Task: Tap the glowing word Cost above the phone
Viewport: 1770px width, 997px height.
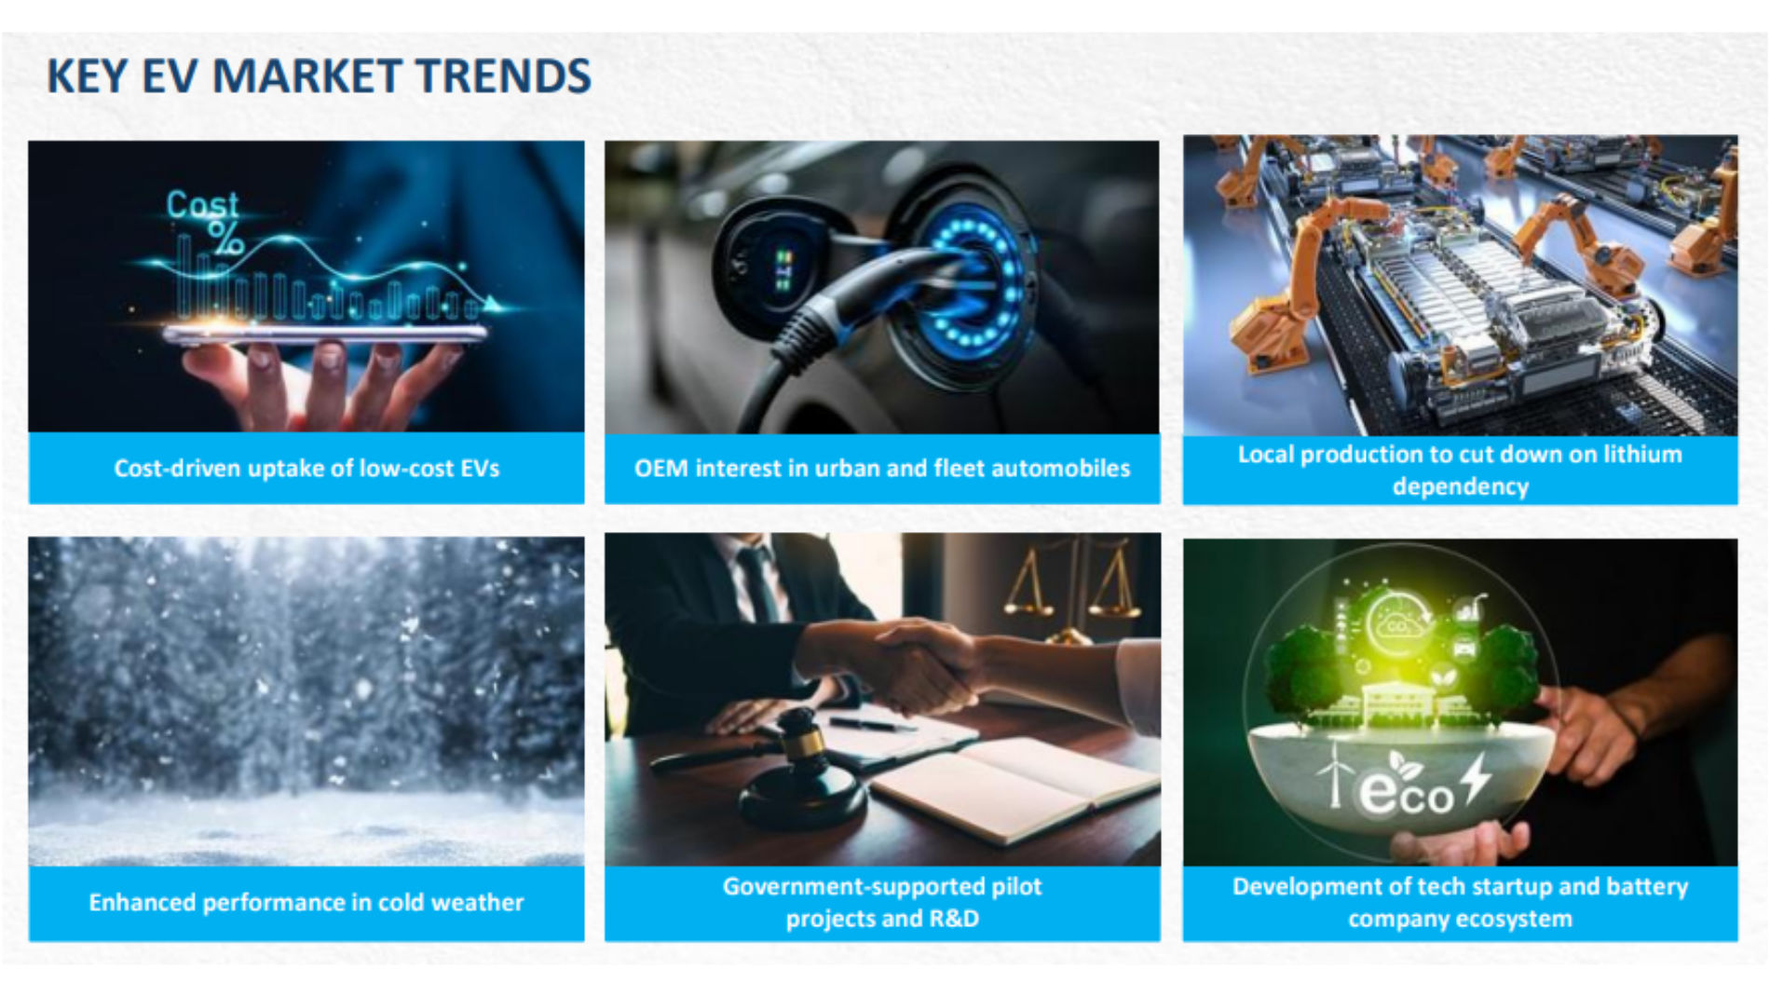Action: click(x=202, y=204)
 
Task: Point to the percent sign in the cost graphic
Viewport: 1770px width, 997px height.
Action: click(x=225, y=238)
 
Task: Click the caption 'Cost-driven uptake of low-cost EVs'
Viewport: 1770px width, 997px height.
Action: click(x=306, y=468)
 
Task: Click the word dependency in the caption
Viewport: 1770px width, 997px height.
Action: click(x=1461, y=486)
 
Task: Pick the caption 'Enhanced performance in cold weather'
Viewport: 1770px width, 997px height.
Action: click(x=306, y=902)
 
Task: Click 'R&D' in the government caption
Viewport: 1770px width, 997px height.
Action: click(x=953, y=919)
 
